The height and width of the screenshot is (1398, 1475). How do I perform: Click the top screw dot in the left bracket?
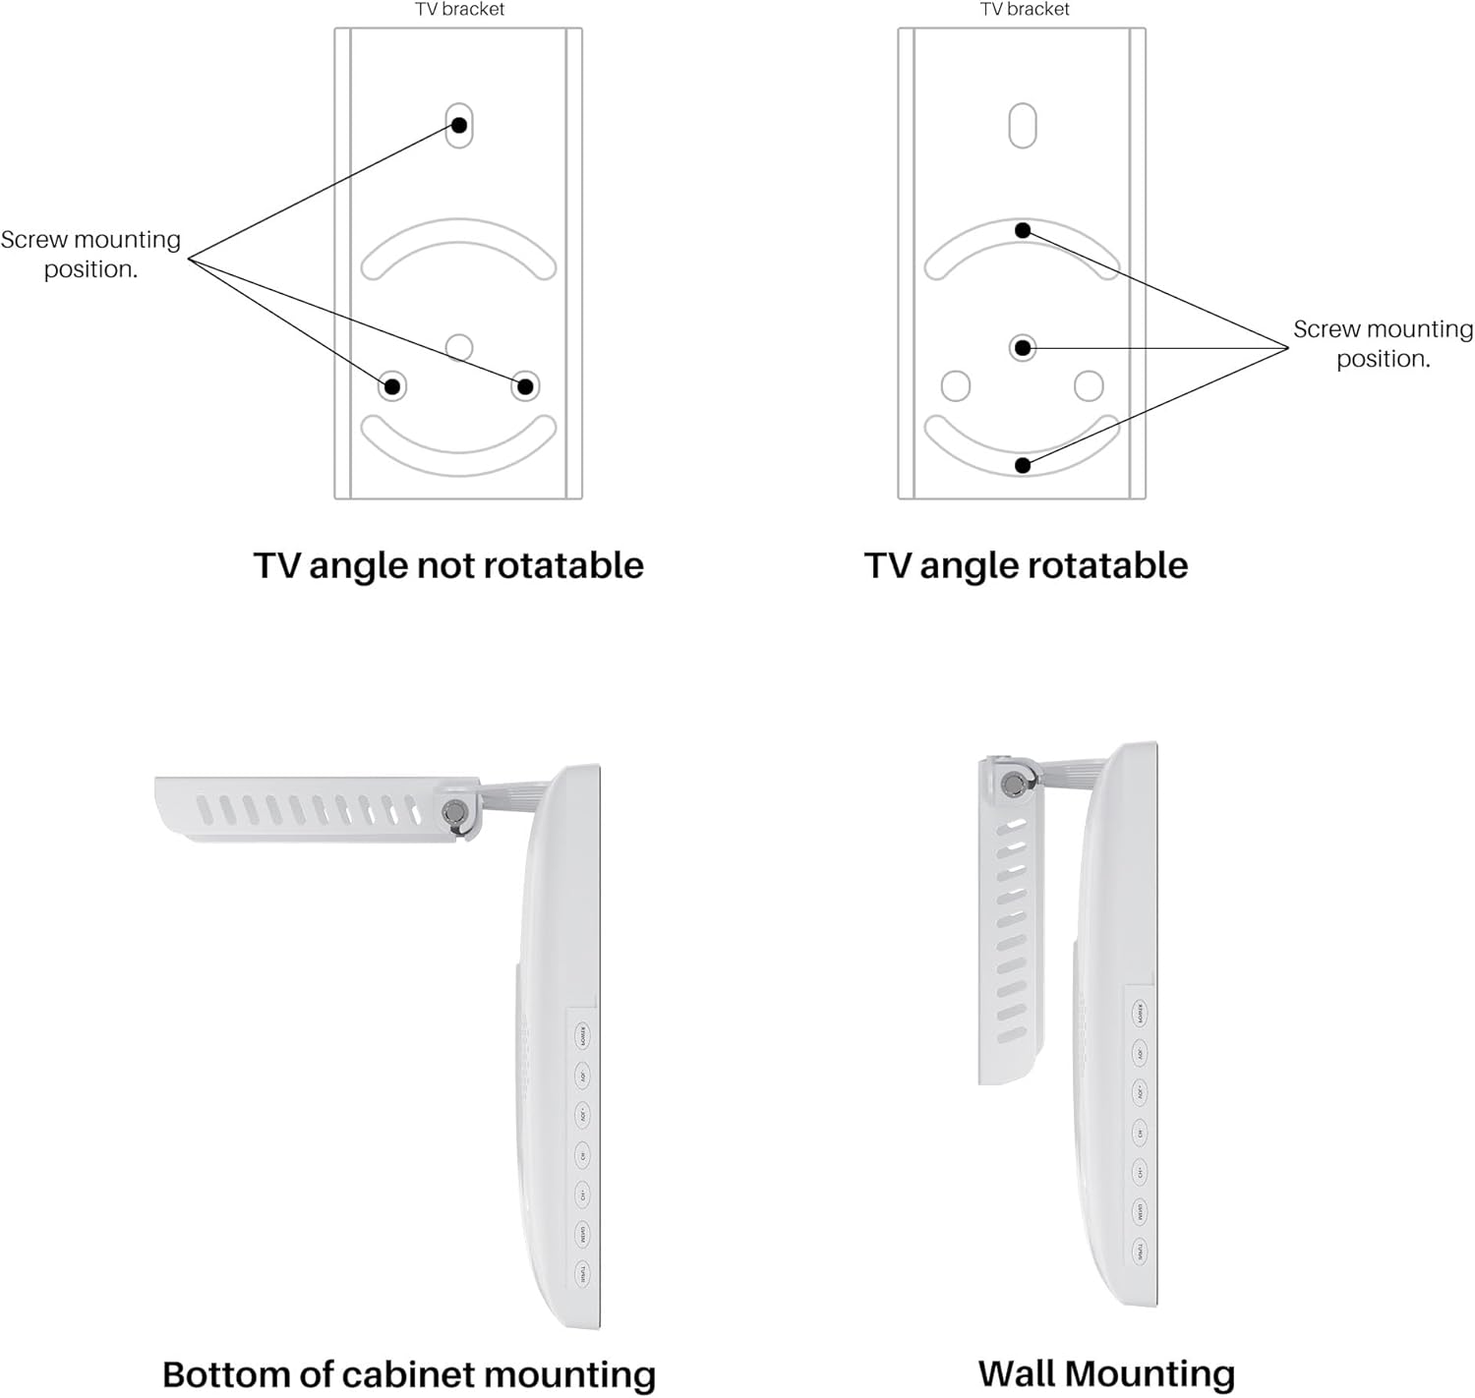(459, 125)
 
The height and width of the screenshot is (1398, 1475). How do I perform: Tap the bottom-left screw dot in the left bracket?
(392, 386)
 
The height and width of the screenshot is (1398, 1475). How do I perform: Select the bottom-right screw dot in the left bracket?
(525, 386)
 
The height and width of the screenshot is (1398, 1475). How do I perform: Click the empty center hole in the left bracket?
(459, 347)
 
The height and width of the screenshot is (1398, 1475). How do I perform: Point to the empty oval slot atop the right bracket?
(1023, 125)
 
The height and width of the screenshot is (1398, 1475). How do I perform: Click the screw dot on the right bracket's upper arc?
(1023, 230)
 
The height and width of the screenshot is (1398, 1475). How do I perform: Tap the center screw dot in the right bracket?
(1023, 347)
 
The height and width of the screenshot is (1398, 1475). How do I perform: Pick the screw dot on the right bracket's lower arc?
(1023, 465)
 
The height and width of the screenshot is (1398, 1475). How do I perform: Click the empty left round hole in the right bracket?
(956, 385)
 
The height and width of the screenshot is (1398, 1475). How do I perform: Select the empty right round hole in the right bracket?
(1089, 385)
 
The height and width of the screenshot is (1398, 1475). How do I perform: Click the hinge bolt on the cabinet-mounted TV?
(454, 812)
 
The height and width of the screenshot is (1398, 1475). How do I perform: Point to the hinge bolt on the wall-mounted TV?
(1012, 784)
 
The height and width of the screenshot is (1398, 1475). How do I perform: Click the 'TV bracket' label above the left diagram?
(459, 10)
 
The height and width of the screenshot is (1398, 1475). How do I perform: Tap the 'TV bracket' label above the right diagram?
(1025, 10)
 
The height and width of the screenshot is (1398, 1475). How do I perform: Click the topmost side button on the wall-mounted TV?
(1140, 1013)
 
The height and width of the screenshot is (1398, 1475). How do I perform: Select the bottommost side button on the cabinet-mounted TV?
(582, 1275)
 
